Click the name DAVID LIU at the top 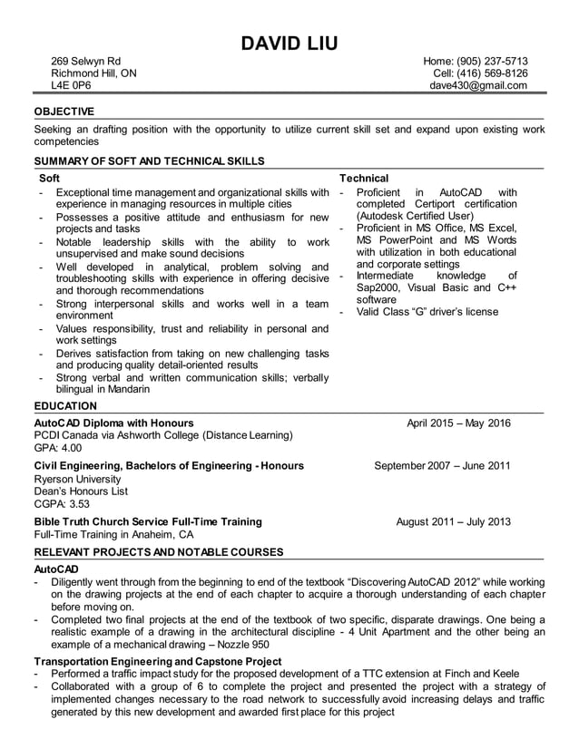coord(289,43)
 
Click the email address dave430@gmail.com coord(478,86)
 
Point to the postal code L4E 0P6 coord(71,86)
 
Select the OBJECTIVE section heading coord(64,112)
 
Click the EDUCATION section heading coord(65,406)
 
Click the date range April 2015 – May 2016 coord(458,423)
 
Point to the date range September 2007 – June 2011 coord(442,466)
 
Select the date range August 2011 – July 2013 coord(453,522)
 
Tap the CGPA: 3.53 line coord(62,504)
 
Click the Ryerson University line coord(77,479)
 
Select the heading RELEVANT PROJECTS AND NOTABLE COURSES coord(159,552)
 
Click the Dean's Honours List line coord(81,491)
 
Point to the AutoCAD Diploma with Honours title coord(113,423)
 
